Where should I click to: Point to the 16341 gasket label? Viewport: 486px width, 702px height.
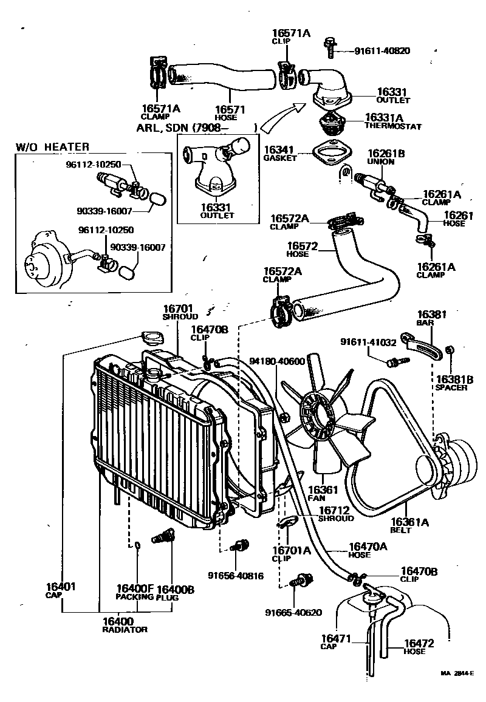point(280,152)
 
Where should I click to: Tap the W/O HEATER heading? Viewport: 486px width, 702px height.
point(52,147)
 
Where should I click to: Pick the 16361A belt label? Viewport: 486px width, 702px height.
point(409,525)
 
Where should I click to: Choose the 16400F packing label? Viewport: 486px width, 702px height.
point(135,592)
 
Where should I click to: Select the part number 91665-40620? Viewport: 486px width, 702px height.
point(293,612)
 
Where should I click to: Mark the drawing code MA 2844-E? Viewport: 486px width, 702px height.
point(456,673)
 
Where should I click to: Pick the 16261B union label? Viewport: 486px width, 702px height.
point(381,157)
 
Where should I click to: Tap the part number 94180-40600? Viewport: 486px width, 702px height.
point(276,362)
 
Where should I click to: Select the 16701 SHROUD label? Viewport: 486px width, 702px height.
point(180,312)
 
